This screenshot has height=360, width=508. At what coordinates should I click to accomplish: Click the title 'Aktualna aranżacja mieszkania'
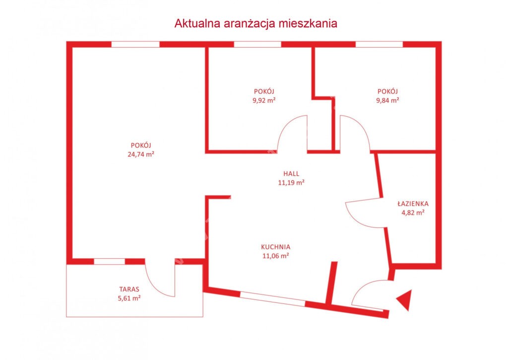click(x=255, y=23)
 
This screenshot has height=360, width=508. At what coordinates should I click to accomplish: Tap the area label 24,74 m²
click(x=141, y=154)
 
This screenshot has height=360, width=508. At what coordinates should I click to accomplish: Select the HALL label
click(x=291, y=174)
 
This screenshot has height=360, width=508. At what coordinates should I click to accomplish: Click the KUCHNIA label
click(x=276, y=247)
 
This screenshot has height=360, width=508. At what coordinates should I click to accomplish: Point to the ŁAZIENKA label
click(x=413, y=204)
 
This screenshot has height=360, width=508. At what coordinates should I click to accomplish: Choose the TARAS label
click(x=129, y=289)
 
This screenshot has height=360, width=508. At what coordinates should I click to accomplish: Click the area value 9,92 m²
click(x=264, y=100)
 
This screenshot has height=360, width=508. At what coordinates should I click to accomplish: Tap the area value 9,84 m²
click(x=387, y=100)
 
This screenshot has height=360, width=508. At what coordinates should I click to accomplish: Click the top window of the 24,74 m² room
click(x=136, y=44)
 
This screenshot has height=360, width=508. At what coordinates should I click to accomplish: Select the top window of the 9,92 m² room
click(x=257, y=44)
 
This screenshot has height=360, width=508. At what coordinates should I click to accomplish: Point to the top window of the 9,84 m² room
click(x=380, y=44)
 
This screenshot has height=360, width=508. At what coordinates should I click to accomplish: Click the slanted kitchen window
click(x=273, y=299)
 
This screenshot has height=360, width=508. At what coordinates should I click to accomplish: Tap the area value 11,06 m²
click(x=276, y=256)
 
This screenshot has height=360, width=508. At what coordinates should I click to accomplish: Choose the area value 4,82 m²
click(x=413, y=213)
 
